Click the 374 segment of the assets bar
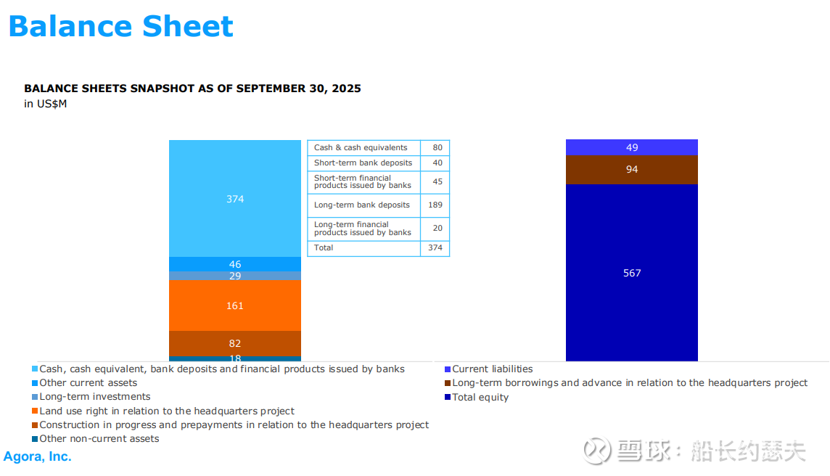click(234, 198)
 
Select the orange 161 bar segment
click(234, 305)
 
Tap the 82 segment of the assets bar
click(234, 343)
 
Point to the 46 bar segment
click(234, 264)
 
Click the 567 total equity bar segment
click(631, 273)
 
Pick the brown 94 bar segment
click(631, 169)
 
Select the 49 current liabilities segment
click(631, 147)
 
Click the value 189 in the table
click(435, 205)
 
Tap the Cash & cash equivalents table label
click(361, 147)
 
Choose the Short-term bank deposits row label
click(363, 163)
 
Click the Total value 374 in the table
click(435, 247)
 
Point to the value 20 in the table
click(437, 228)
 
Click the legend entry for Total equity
click(480, 397)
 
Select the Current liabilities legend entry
click(492, 369)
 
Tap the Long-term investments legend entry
click(94, 397)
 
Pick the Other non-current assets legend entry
click(99, 438)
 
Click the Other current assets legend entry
click(88, 382)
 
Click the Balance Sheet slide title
click(120, 26)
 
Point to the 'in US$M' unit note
click(46, 104)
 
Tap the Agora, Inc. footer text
click(38, 456)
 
